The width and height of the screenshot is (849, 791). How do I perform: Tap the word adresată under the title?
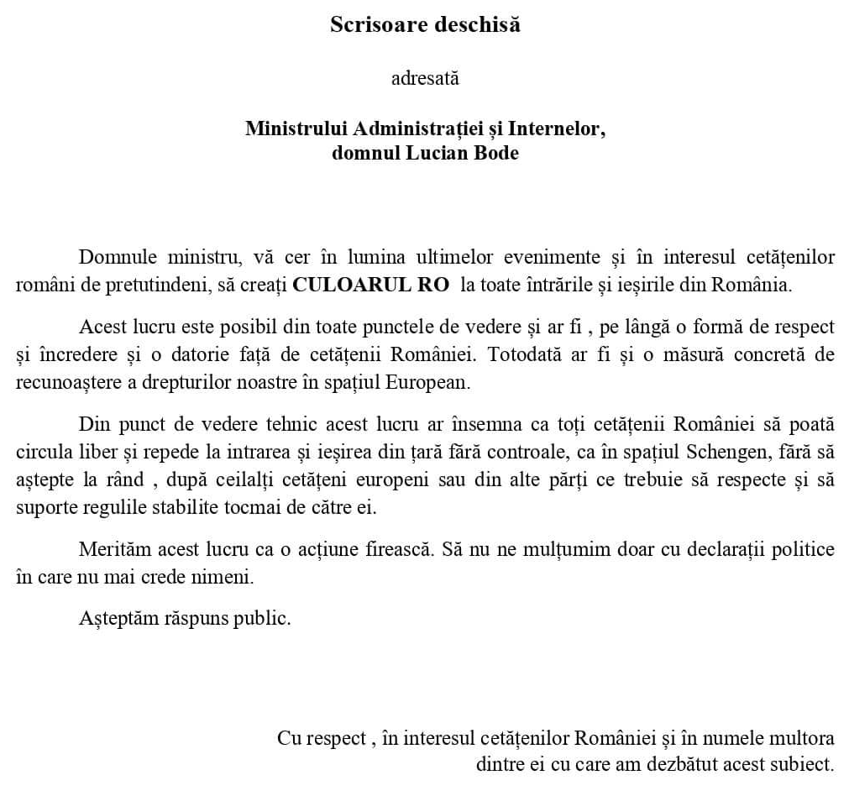(425, 80)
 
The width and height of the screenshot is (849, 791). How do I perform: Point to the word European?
(428, 382)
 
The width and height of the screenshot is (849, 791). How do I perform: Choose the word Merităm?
(113, 551)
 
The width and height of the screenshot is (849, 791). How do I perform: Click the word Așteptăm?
(114, 620)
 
